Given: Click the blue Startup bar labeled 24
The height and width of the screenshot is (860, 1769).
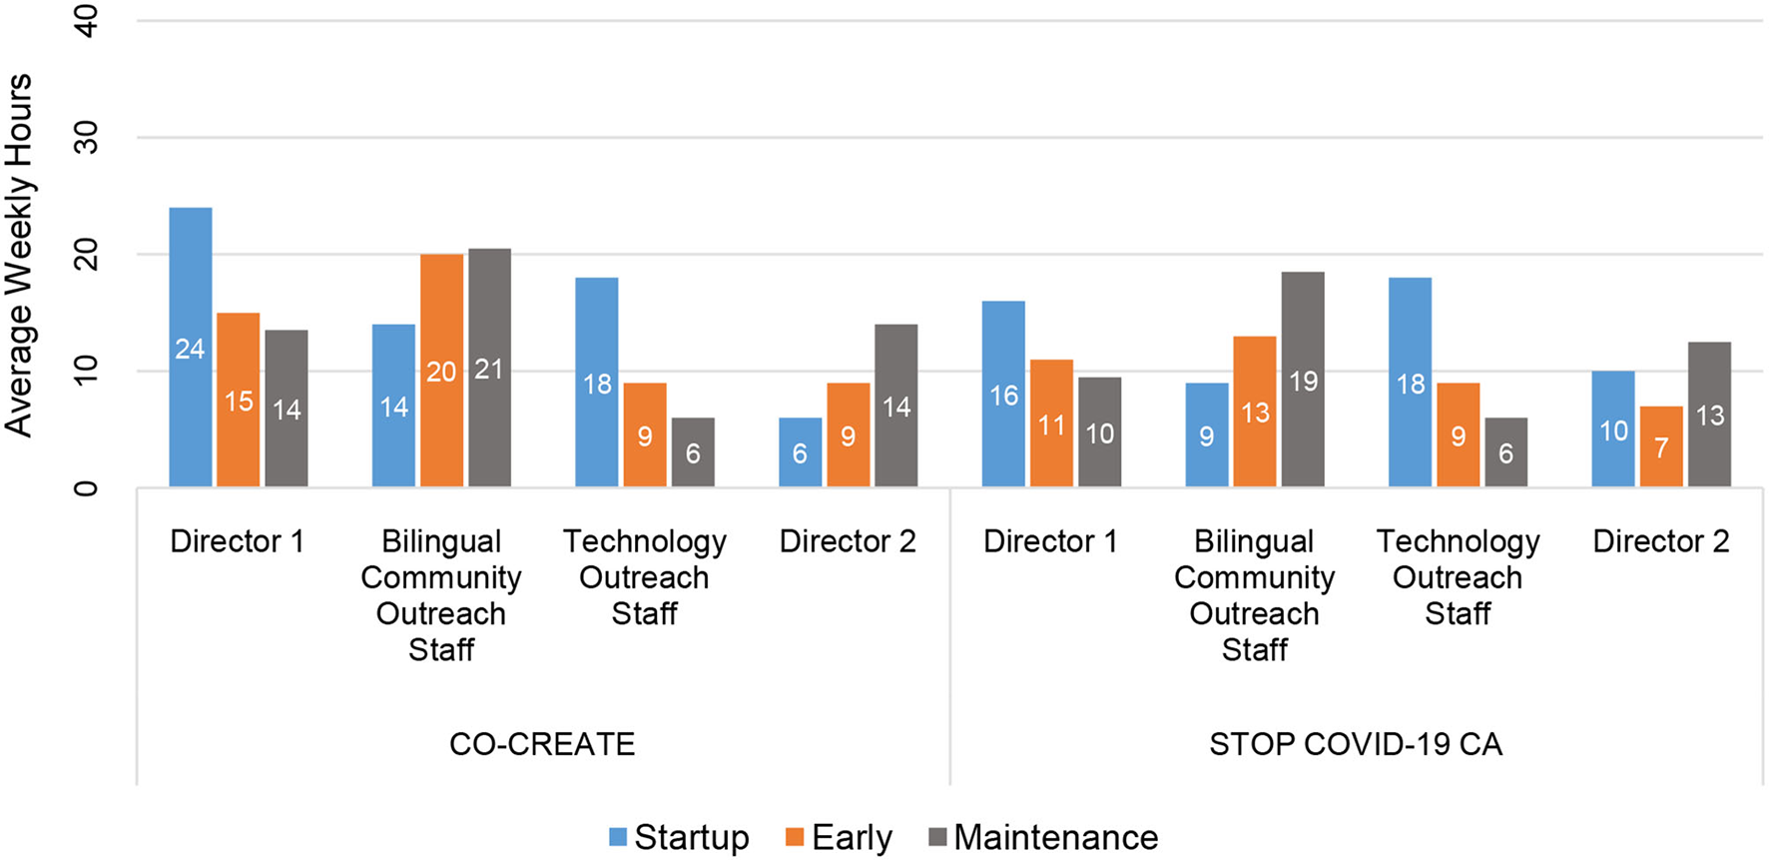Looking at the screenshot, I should (x=190, y=348).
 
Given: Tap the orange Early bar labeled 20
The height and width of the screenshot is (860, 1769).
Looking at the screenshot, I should (x=441, y=371).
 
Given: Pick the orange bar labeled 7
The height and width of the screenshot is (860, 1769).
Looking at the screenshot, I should (x=1660, y=446).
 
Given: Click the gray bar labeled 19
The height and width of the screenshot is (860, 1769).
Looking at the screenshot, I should (x=1303, y=380).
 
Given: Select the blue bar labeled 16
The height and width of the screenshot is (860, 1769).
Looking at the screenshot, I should (x=1003, y=395).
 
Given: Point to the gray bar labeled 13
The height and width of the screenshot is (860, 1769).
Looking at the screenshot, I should (x=1709, y=415).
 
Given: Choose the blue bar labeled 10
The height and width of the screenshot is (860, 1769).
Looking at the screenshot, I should (x=1613, y=430).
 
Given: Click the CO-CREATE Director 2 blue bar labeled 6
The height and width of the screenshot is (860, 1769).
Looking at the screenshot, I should (x=800, y=452).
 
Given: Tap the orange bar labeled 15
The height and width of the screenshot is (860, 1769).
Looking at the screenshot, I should (x=238, y=401).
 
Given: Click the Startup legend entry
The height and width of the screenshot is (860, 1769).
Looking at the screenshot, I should (x=679, y=837).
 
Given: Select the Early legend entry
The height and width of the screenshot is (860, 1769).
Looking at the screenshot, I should (x=839, y=837).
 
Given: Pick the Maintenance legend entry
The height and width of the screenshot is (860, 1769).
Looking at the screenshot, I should (x=1043, y=837).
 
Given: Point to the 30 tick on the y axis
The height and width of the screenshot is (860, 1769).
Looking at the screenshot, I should (x=87, y=137).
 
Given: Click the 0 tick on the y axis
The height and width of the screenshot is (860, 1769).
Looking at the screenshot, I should (x=87, y=487).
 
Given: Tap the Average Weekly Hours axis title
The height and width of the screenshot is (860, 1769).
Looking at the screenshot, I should (x=20, y=255).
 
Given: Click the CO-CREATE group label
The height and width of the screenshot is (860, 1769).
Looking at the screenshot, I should (x=542, y=744).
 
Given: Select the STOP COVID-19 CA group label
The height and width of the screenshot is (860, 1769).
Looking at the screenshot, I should (x=1355, y=744).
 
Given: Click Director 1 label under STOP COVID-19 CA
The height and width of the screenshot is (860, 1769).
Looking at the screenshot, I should (x=1050, y=541).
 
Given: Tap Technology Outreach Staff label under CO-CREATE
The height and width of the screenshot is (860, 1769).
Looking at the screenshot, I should (x=644, y=577).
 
